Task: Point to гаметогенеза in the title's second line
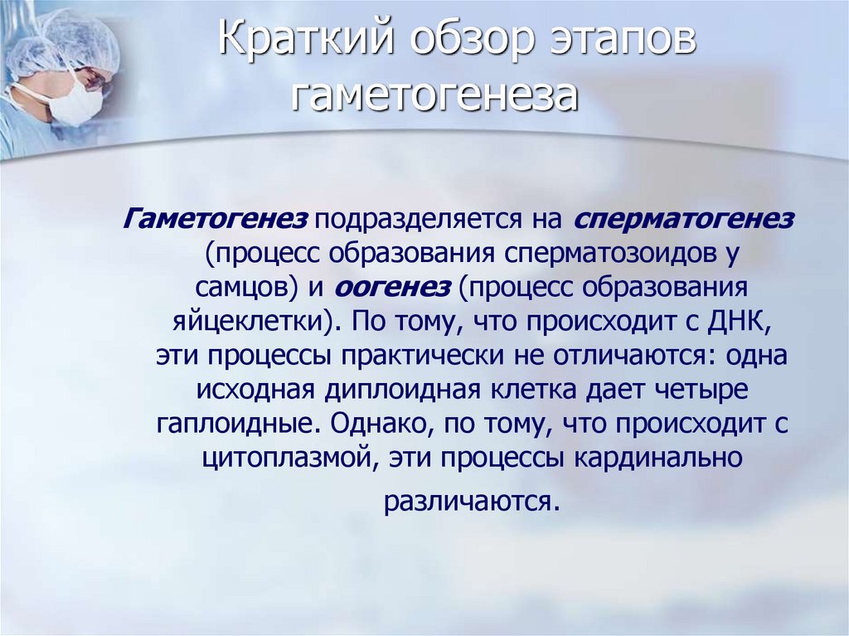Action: [x=434, y=95]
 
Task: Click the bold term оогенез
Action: [x=393, y=287]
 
